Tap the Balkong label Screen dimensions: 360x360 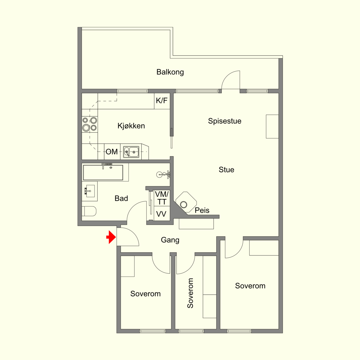pos(170,72)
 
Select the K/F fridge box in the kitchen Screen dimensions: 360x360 pos(162,101)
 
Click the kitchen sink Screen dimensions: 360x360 pos(131,152)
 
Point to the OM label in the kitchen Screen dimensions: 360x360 pos(112,152)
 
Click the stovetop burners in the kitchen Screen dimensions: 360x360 pos(90,124)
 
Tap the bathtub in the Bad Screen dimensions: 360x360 pos(103,172)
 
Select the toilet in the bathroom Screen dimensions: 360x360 pos(89,211)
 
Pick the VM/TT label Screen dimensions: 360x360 pos(162,198)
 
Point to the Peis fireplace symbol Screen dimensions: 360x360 pos(186,202)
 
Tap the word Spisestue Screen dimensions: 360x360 pos(224,121)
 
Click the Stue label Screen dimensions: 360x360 pos(226,170)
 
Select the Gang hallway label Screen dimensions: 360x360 pos(170,240)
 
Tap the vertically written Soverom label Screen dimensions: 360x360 pos(190,293)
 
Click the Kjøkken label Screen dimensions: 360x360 pos(131,126)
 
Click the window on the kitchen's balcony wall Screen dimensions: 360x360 pos(132,91)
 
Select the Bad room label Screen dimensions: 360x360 pos(121,198)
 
